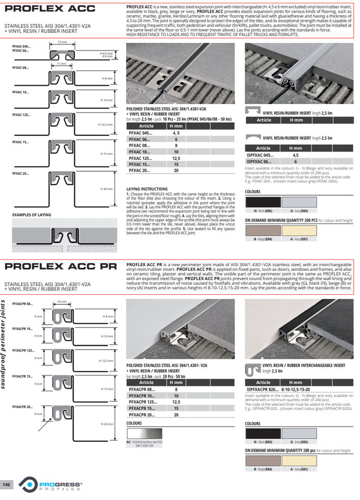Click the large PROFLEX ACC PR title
[x=58, y=267]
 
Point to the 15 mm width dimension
[x=62, y=42]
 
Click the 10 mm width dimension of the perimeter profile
[x=63, y=301]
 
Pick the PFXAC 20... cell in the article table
[x=140, y=170]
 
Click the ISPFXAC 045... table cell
[x=261, y=155]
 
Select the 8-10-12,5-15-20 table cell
[x=295, y=389]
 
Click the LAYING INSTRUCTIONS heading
[x=147, y=189]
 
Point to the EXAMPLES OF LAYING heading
[x=32, y=215]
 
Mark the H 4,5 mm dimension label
[x=106, y=53]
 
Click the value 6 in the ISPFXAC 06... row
[x=295, y=161]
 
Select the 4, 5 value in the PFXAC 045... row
[x=176, y=133]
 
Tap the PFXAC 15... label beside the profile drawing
[x=21, y=142]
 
